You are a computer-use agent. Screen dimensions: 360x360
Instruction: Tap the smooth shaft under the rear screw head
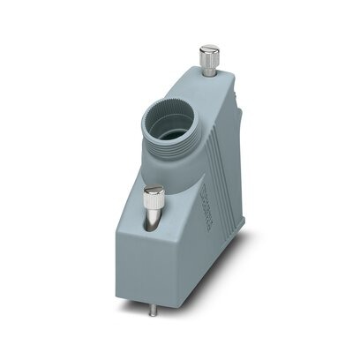coord(209,71)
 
